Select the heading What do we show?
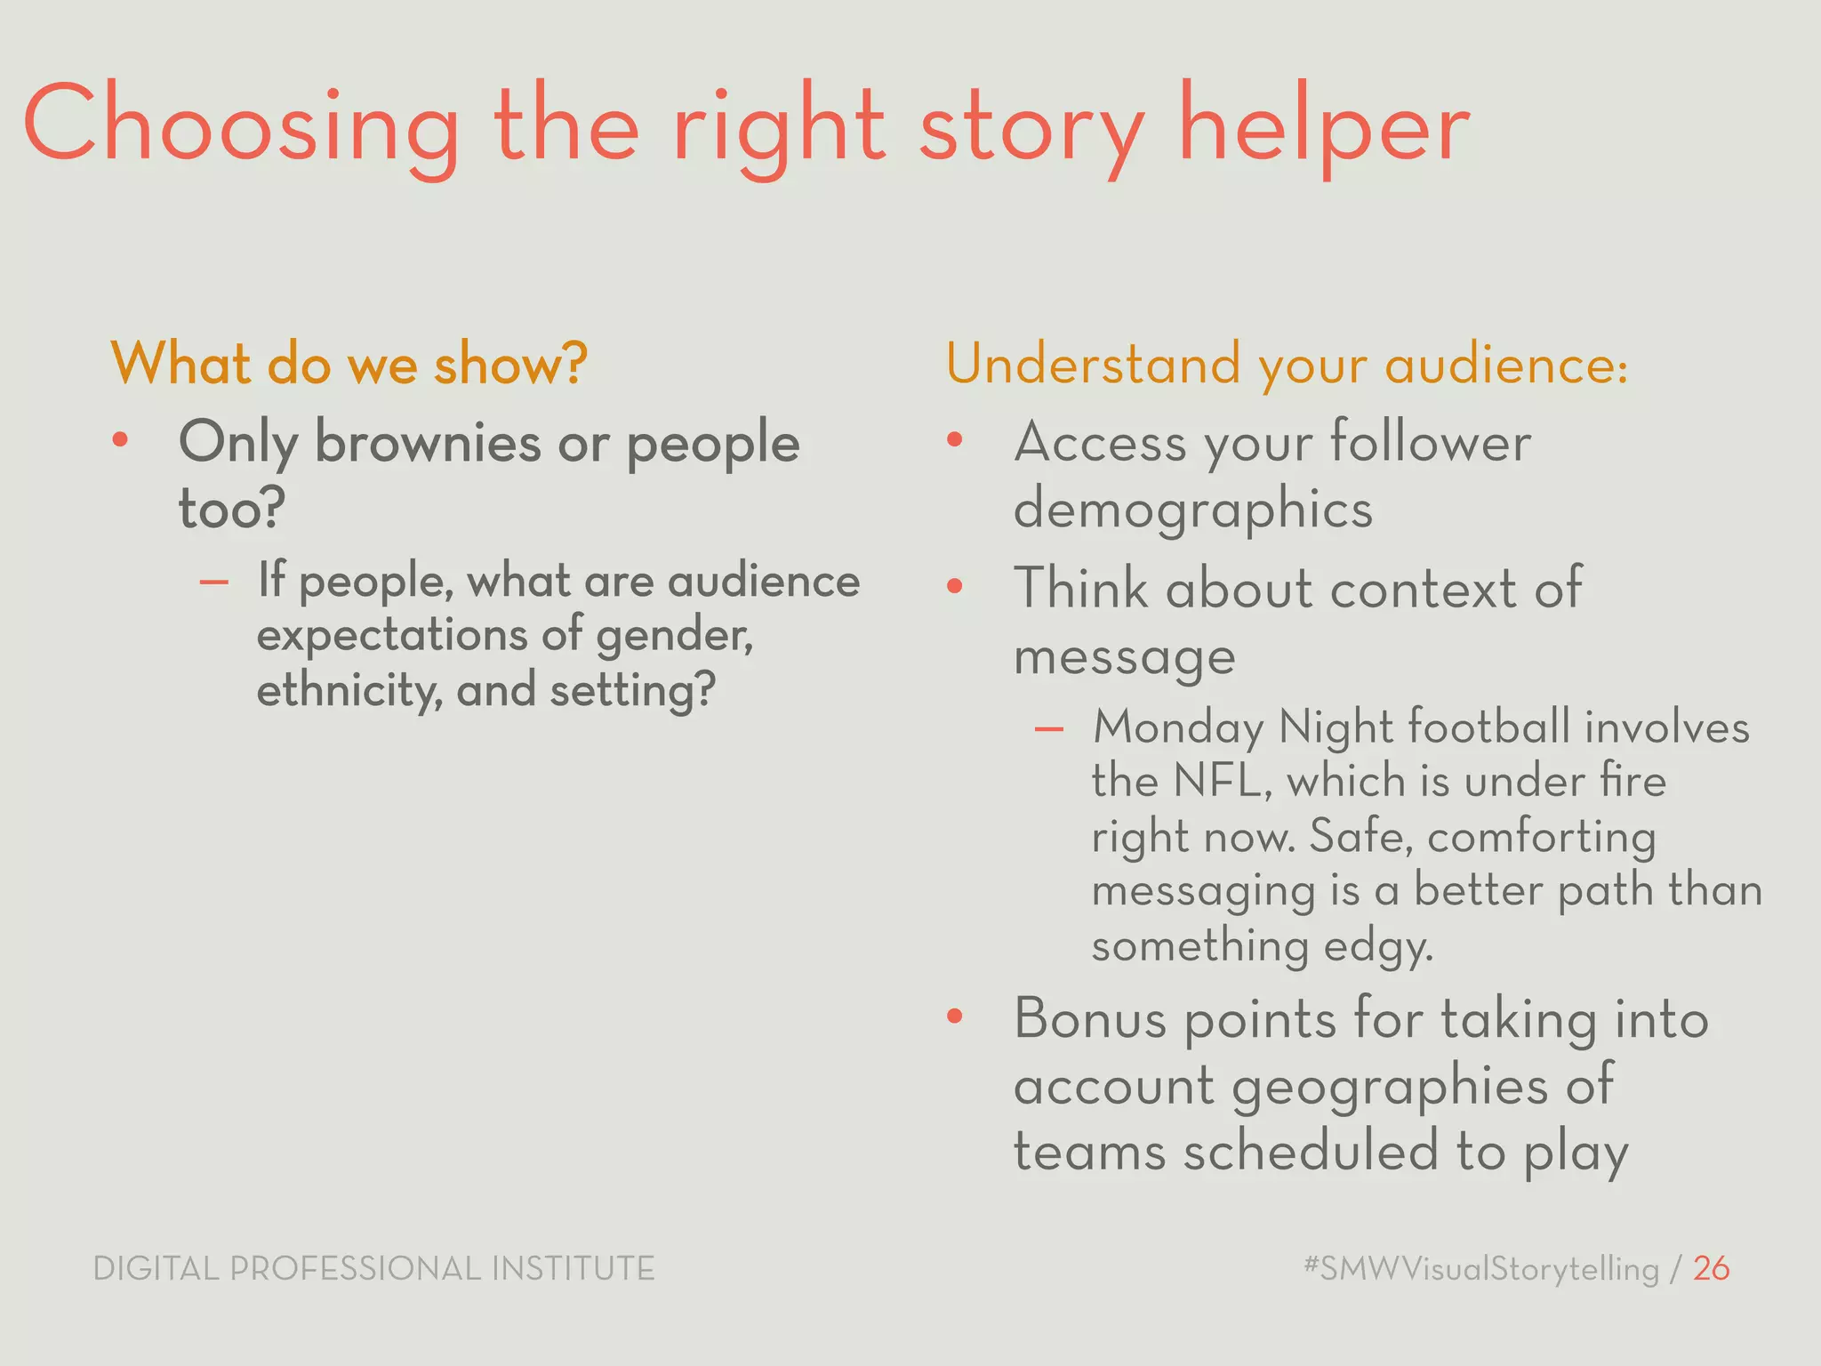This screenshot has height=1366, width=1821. coord(349,365)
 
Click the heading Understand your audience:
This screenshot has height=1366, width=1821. coord(1287,365)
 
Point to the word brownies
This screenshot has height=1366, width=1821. coord(428,442)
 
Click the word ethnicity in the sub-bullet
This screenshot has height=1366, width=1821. coord(349,690)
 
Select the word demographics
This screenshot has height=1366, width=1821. coord(1192,510)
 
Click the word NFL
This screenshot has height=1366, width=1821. coord(1222,782)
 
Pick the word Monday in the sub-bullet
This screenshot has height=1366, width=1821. coord(1177,727)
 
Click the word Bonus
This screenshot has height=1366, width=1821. coord(1089,1019)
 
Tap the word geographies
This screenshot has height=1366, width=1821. coord(1389,1087)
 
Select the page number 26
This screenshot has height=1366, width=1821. coord(1711,1268)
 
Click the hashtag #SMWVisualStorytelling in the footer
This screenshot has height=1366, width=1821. coord(1480,1268)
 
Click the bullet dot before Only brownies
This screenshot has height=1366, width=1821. coord(121,439)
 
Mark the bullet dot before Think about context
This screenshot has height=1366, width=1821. coord(955,586)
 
